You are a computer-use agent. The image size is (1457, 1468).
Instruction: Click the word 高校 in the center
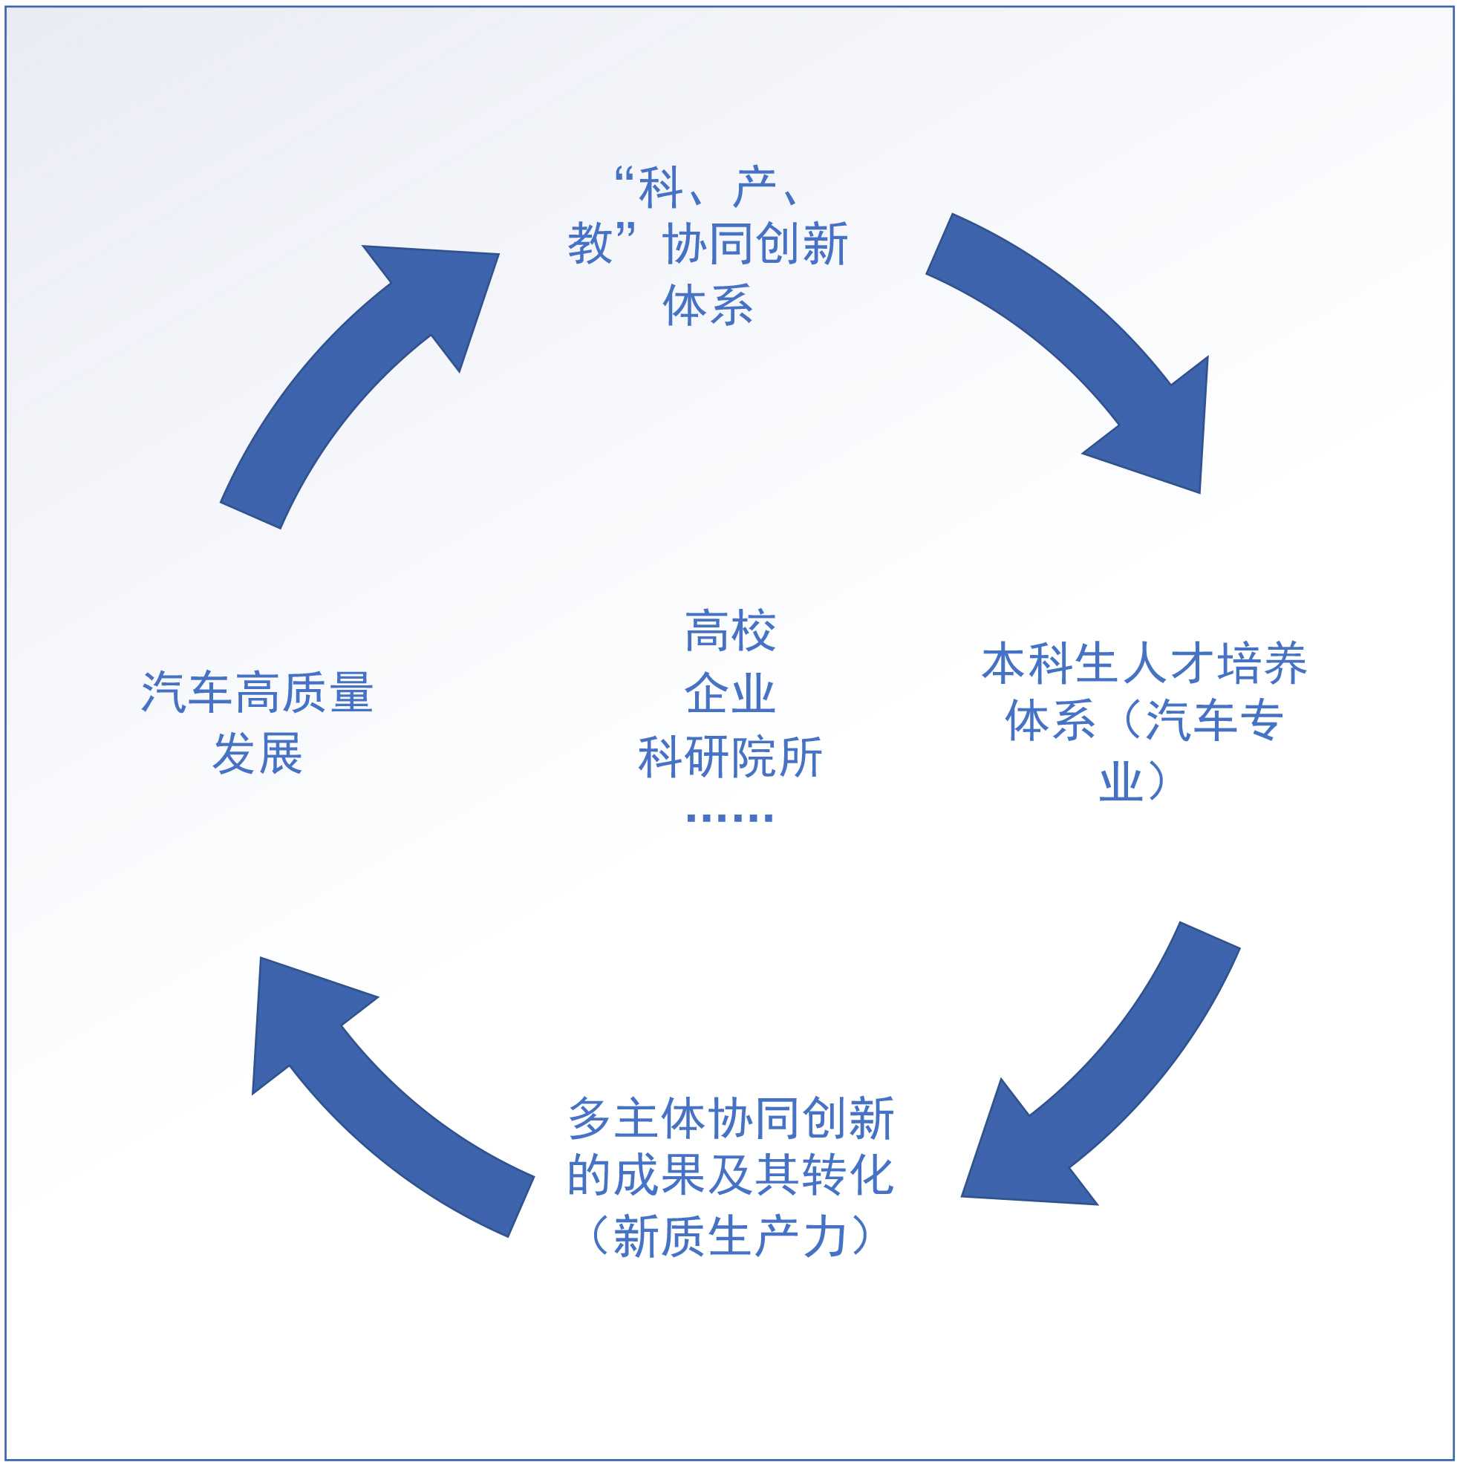pos(729,630)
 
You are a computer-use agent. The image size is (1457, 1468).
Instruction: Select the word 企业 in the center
pos(729,693)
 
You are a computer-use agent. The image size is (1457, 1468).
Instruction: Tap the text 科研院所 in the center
pos(729,757)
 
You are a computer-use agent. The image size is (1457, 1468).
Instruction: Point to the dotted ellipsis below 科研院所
pos(729,818)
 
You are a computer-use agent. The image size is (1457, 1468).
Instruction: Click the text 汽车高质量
pos(257,692)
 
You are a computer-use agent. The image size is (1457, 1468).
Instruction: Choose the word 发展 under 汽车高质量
pos(257,754)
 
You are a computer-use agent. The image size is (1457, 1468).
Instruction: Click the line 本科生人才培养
pos(1143,662)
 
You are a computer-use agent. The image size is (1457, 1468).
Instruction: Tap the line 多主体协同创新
pos(731,1118)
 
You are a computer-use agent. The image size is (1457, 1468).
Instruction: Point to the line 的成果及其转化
pos(731,1175)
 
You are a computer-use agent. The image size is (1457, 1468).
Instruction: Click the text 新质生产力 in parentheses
pos(731,1236)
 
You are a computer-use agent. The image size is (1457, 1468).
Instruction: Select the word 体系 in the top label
pos(708,305)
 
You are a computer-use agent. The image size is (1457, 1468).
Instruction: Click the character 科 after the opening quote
pos(659,188)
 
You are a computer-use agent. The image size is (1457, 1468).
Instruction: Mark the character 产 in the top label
pos(754,188)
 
